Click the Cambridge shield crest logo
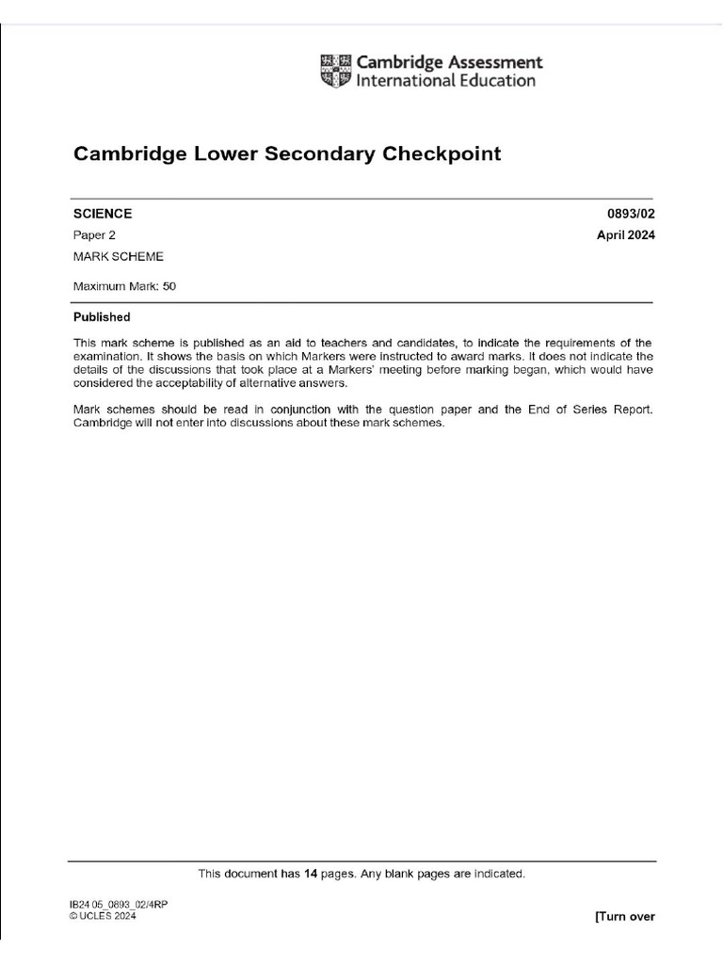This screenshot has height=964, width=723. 335,71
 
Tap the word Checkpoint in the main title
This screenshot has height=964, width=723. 442,153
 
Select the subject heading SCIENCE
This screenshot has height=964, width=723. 103,214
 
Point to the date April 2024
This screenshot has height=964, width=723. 625,235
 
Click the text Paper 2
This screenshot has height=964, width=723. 94,235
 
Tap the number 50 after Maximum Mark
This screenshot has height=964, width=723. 169,286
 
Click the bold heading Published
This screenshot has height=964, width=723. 102,317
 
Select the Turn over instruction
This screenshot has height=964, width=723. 625,917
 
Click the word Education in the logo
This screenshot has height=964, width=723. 494,81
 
